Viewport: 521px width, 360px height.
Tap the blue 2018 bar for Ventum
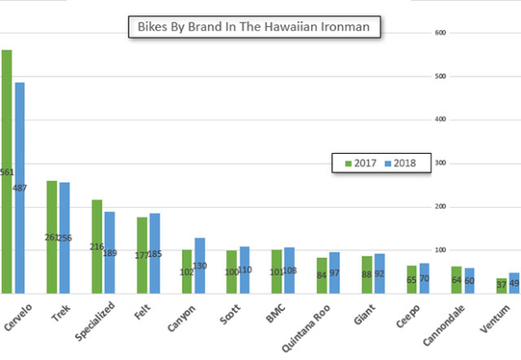(514, 283)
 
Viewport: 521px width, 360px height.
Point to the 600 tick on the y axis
(438, 33)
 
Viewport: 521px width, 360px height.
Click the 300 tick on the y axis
(438, 163)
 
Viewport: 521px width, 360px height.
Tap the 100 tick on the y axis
(438, 250)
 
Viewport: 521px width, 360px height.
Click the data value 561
(7, 172)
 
